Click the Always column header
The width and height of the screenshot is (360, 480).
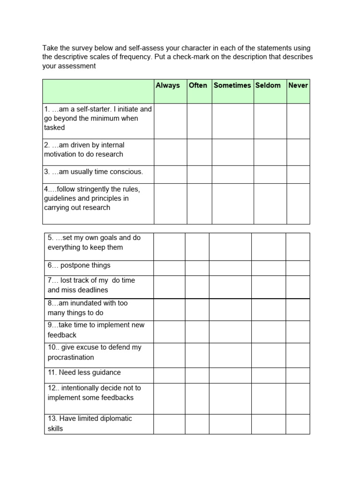(168, 85)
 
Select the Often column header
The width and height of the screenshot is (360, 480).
(198, 85)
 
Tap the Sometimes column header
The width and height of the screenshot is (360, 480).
(232, 85)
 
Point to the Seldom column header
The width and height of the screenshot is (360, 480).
(268, 85)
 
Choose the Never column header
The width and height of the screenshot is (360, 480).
(298, 85)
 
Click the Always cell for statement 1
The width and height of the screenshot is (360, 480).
(170, 121)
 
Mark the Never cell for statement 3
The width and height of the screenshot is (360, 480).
(298, 174)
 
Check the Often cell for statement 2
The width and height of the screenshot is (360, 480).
(199, 152)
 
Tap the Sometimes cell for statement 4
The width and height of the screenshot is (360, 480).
(233, 203)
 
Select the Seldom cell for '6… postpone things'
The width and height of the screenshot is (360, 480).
(269, 268)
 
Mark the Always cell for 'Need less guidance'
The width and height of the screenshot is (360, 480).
(169, 375)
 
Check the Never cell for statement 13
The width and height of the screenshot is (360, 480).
(298, 424)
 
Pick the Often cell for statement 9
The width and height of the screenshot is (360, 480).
(197, 332)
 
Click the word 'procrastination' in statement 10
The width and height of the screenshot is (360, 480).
(71, 357)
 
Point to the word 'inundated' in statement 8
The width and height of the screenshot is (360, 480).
(81, 303)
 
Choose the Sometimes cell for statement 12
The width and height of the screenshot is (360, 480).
(230, 398)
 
